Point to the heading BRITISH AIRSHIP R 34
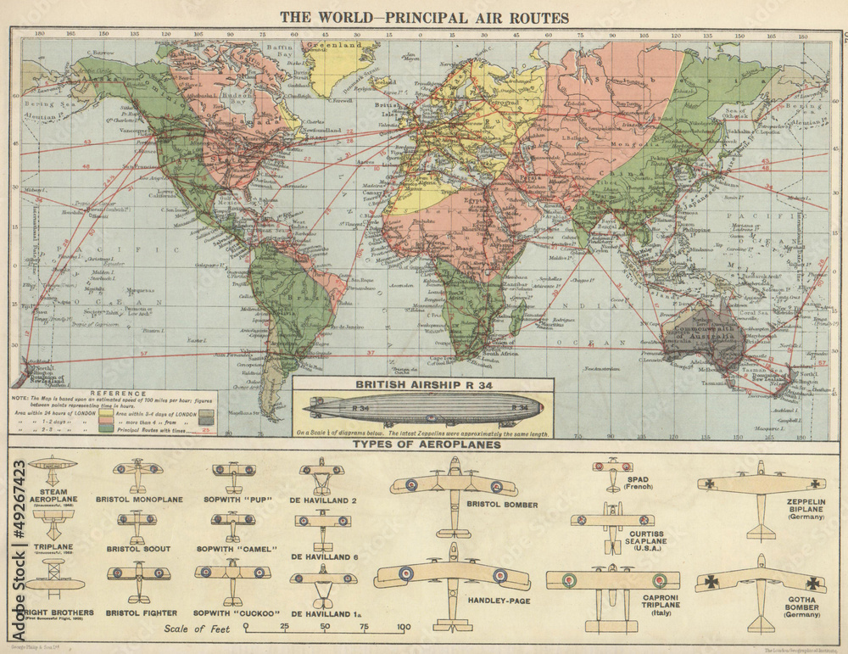point(424,384)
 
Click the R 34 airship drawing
point(424,410)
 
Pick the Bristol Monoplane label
point(139,500)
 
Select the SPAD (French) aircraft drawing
point(612,472)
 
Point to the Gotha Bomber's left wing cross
point(712,582)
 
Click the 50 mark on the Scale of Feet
point(325,628)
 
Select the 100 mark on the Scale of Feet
point(404,628)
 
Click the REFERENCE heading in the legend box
point(116,393)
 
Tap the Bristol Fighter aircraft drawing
point(138,574)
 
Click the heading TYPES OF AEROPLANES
point(427,444)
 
